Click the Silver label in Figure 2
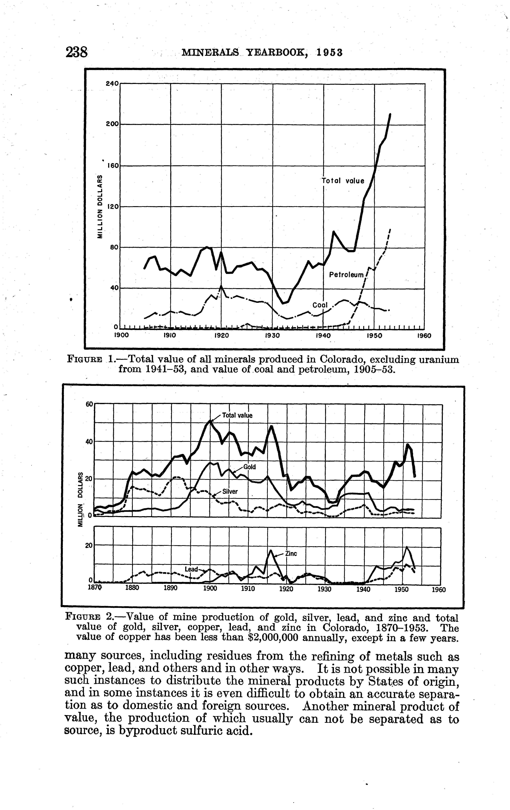(x=230, y=491)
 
